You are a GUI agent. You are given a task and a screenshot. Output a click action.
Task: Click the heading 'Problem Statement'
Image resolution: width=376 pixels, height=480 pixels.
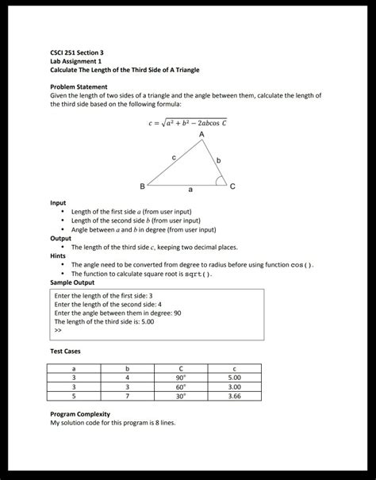pos(79,86)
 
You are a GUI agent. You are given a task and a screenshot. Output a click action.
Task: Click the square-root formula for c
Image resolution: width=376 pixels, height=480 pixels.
pos(188,122)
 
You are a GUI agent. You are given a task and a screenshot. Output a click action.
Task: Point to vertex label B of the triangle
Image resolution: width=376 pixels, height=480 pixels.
pos(143,186)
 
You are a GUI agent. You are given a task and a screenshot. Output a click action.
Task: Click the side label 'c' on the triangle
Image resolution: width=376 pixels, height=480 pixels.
pos(174,159)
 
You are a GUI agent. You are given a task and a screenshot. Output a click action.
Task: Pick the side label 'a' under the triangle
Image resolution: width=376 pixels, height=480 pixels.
pos(190,190)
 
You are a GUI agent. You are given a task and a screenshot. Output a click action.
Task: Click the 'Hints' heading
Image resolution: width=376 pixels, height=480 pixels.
pos(59,255)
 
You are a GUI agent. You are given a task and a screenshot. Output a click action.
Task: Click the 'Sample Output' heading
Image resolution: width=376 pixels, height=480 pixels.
pos(72,282)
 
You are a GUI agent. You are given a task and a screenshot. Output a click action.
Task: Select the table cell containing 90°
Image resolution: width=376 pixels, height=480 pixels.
pos(181,378)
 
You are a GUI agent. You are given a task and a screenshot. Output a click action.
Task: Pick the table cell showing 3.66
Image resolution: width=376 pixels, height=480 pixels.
pos(234,395)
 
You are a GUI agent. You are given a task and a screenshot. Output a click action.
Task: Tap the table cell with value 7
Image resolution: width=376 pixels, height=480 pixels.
pos(127,395)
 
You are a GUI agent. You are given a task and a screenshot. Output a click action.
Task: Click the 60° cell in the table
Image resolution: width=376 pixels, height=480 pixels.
pos(181,386)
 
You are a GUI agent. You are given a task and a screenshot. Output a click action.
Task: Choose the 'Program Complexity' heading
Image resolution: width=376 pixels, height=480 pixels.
pos(79,414)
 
